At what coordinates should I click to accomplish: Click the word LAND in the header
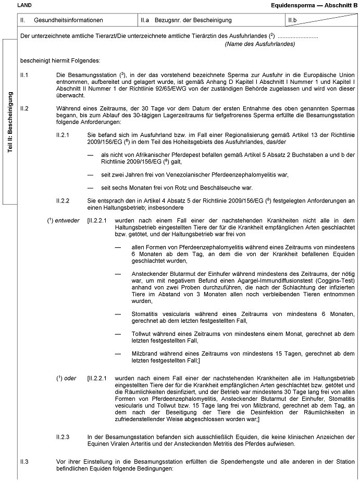click(x=24, y=5)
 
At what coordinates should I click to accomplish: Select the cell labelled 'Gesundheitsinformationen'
click(x=68, y=20)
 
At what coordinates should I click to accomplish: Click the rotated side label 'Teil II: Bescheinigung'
click(x=10, y=122)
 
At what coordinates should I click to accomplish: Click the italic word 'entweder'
click(x=68, y=220)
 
